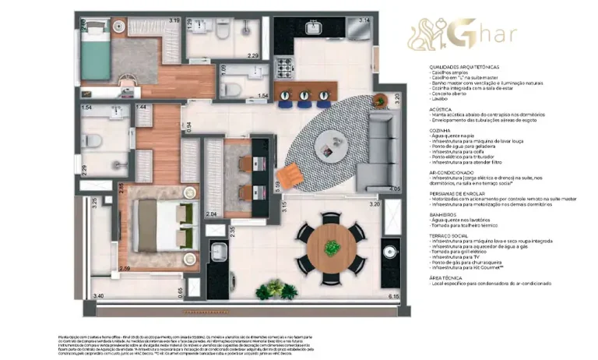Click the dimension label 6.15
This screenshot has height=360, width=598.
point(393,296)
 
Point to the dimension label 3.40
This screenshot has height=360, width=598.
point(98,296)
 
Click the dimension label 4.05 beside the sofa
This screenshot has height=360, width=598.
point(394,189)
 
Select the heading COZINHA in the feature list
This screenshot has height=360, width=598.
point(442,129)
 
